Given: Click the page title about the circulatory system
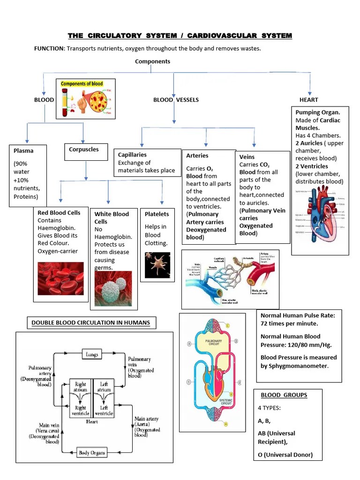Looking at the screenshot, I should (180, 36).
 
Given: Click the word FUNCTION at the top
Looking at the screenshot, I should (49, 49).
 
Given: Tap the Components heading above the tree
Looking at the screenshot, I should (152, 61).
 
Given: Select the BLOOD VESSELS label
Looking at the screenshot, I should (176, 100).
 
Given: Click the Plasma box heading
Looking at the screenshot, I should (23, 151).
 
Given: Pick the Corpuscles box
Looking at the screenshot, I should (85, 150).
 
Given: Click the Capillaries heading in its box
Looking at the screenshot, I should (132, 155).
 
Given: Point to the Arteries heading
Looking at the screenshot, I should (197, 156).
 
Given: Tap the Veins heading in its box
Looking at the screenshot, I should (247, 157).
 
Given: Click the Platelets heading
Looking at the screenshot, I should (157, 214).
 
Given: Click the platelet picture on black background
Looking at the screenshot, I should (157, 264).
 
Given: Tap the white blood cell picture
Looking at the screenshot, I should (113, 289).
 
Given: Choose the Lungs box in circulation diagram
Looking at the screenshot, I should (92, 354).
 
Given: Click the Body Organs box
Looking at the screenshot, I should (92, 453).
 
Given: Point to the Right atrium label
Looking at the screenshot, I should (81, 387).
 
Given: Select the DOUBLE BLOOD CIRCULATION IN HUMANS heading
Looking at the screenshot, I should (90, 322).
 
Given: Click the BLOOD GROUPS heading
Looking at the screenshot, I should (277, 395).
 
